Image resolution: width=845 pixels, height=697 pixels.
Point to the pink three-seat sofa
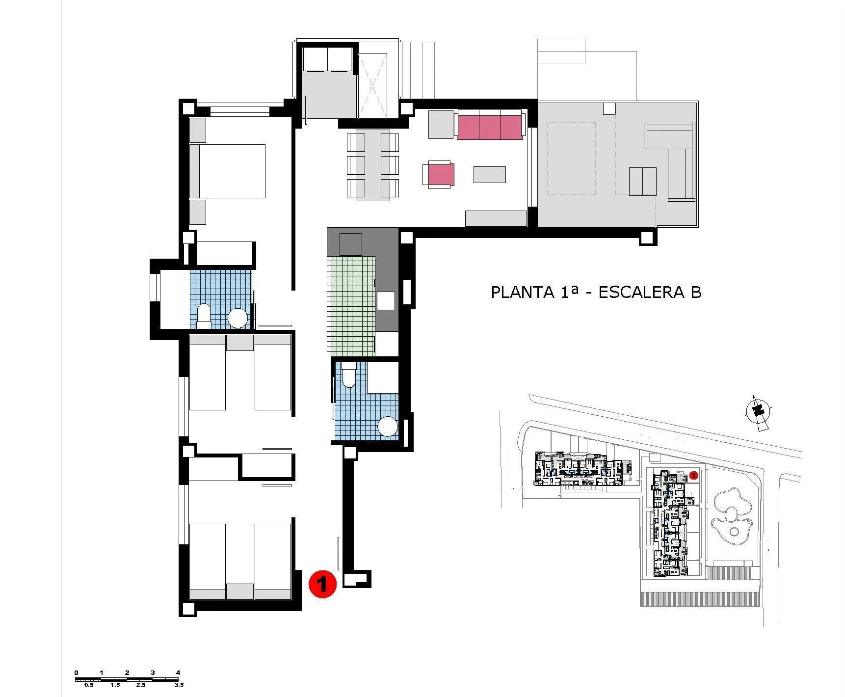[490, 126]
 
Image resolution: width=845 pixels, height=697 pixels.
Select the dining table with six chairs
[372, 165]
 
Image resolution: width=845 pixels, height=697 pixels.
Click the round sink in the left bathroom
[238, 318]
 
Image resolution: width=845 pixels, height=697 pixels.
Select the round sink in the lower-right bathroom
[388, 426]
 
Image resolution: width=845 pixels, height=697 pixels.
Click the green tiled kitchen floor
[349, 304]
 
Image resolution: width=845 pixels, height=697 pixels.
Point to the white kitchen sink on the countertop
[386, 300]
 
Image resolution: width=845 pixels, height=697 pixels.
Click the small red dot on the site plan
[693, 475]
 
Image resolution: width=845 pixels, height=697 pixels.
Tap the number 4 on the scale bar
[178, 672]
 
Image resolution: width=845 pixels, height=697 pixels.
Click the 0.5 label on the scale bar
[89, 685]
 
